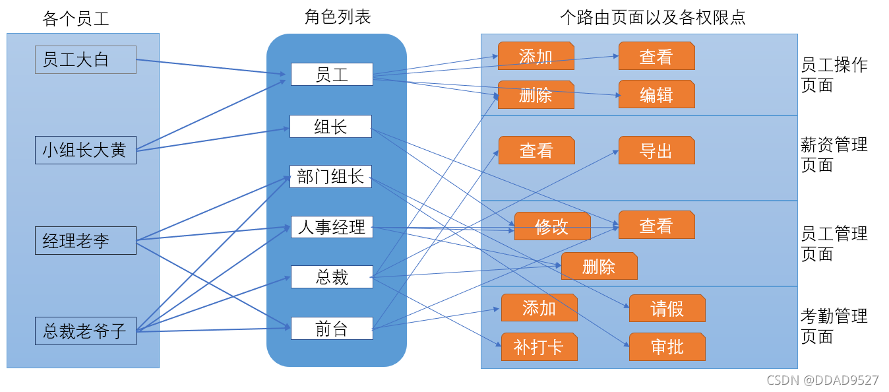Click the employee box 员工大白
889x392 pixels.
85,60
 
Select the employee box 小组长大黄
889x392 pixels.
85,150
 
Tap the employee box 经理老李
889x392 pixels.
85,241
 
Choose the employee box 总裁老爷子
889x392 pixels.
85,331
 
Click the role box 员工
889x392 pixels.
332,75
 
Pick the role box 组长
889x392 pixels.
330,127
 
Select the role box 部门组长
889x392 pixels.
330,176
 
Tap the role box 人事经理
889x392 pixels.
332,228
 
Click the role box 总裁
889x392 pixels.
332,277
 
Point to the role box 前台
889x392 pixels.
332,329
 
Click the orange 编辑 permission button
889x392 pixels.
656,95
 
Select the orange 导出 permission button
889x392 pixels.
656,151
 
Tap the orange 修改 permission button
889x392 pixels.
552,226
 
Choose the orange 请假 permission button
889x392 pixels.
667,309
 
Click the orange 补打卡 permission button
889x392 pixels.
539,347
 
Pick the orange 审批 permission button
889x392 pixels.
667,347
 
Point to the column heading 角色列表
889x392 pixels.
338,17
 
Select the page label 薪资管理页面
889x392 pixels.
834,154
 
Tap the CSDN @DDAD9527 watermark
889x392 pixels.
822,380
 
